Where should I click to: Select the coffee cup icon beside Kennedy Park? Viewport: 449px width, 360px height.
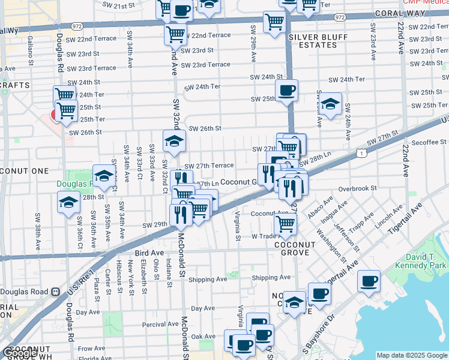369,281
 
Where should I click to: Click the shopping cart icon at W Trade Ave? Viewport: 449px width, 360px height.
285,224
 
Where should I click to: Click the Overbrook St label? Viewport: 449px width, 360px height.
357,188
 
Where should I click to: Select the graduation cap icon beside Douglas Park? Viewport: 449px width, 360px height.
104,176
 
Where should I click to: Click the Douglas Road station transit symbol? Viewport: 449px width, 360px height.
55,292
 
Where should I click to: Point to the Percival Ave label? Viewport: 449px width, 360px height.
160,324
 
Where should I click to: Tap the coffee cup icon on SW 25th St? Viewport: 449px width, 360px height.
286,91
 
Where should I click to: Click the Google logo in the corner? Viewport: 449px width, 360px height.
20,353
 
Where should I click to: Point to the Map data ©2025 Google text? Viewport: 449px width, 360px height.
412,355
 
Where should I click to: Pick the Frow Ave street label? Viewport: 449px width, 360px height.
91,349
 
